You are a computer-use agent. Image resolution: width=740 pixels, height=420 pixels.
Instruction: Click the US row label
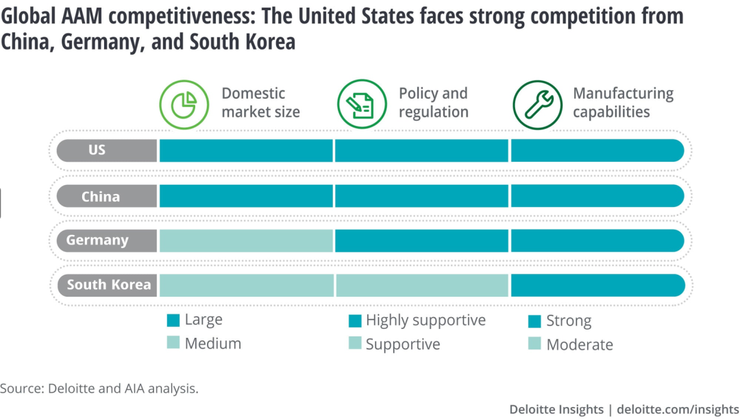point(97,150)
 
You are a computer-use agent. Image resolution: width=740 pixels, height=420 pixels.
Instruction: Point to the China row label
point(101,197)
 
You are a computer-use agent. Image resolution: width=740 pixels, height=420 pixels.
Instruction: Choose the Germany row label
point(97,240)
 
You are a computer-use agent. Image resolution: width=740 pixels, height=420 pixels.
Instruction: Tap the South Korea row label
point(108,285)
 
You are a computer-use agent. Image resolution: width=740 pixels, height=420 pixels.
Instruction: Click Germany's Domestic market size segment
point(246,240)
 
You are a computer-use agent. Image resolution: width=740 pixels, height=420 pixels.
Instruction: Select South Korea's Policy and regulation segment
point(421,285)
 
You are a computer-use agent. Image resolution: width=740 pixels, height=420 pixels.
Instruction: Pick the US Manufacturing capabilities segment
point(596,150)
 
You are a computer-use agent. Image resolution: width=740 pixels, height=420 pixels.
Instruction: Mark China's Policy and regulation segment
point(421,197)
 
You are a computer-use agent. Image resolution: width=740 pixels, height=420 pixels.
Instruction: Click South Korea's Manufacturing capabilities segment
point(596,285)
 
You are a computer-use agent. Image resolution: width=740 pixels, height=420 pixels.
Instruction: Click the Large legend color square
point(173,321)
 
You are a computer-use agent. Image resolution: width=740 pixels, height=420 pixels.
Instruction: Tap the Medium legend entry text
point(212,343)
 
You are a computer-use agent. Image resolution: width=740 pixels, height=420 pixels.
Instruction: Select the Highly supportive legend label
point(425,321)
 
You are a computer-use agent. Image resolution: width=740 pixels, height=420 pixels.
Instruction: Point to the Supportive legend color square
point(355,344)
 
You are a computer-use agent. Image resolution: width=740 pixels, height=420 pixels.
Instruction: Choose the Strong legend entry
point(568,321)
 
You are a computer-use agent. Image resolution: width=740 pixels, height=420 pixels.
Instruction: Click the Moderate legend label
point(579,345)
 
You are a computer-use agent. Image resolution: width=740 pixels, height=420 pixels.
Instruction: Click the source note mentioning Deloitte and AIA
point(99,388)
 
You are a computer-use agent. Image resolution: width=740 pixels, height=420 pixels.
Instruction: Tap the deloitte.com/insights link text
point(678,409)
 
